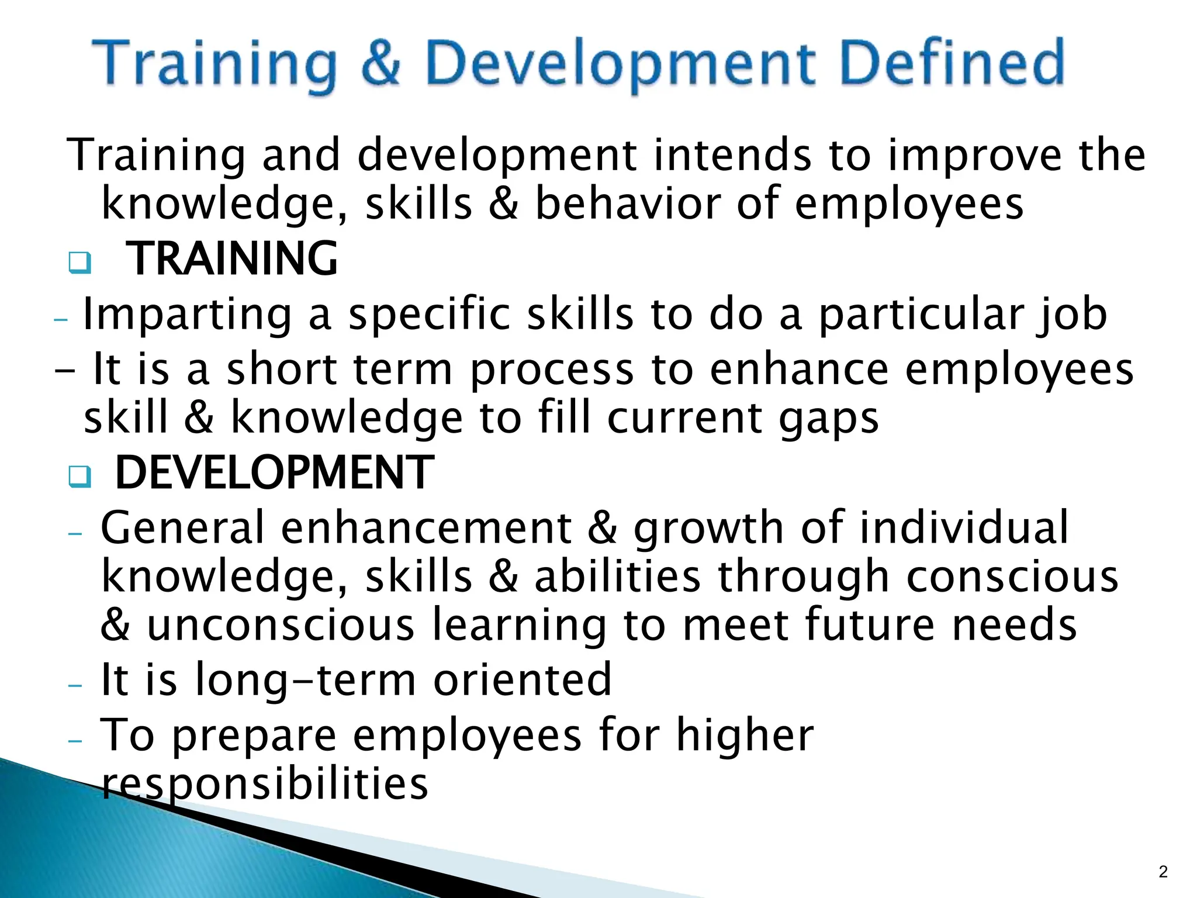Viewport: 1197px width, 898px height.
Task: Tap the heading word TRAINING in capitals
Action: pyautogui.click(x=231, y=258)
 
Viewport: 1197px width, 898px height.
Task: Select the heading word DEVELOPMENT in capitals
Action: pyautogui.click(x=274, y=472)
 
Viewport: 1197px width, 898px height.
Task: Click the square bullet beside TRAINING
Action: pyautogui.click(x=79, y=262)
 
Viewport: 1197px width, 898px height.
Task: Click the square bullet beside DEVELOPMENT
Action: pyautogui.click(x=79, y=476)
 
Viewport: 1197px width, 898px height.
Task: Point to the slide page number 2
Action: pyautogui.click(x=1163, y=872)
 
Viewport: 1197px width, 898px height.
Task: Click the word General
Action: pyautogui.click(x=182, y=527)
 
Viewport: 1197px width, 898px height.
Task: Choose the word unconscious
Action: pyautogui.click(x=281, y=624)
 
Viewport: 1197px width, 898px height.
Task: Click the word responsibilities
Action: pyautogui.click(x=264, y=783)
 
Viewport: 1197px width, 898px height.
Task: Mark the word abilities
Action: pyautogui.click(x=617, y=576)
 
